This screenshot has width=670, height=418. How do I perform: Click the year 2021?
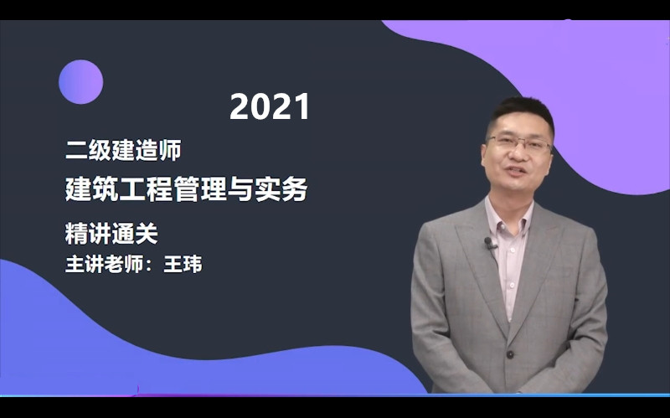pyautogui.click(x=270, y=106)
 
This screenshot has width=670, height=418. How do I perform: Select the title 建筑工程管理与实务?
pyautogui.click(x=186, y=189)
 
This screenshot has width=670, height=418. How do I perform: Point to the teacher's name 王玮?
pyautogui.click(x=183, y=264)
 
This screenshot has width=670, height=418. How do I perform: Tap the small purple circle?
pyautogui.click(x=80, y=82)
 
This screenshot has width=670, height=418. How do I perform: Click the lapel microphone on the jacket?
pyautogui.click(x=489, y=243)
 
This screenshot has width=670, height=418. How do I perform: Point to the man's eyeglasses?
pyautogui.click(x=519, y=143)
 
